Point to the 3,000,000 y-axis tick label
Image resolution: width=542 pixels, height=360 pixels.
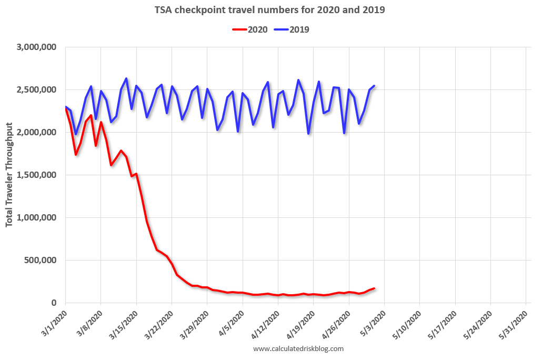tap(37, 47)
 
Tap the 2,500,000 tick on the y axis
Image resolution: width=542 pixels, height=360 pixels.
tap(37, 90)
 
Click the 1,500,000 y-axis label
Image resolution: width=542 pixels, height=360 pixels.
tap(37, 175)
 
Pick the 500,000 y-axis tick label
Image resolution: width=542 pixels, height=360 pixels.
tap(43, 261)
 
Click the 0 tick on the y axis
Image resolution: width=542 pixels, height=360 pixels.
tap(55, 303)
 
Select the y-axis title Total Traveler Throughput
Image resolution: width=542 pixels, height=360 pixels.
tap(10, 175)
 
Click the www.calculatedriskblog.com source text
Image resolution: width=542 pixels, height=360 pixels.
tap(298, 348)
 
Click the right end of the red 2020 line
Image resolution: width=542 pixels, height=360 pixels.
tap(374, 288)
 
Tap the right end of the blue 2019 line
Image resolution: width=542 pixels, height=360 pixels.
tap(374, 86)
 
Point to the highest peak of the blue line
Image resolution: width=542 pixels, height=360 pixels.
tap(126, 78)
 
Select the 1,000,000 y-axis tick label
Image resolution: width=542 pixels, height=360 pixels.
tap(37, 218)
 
